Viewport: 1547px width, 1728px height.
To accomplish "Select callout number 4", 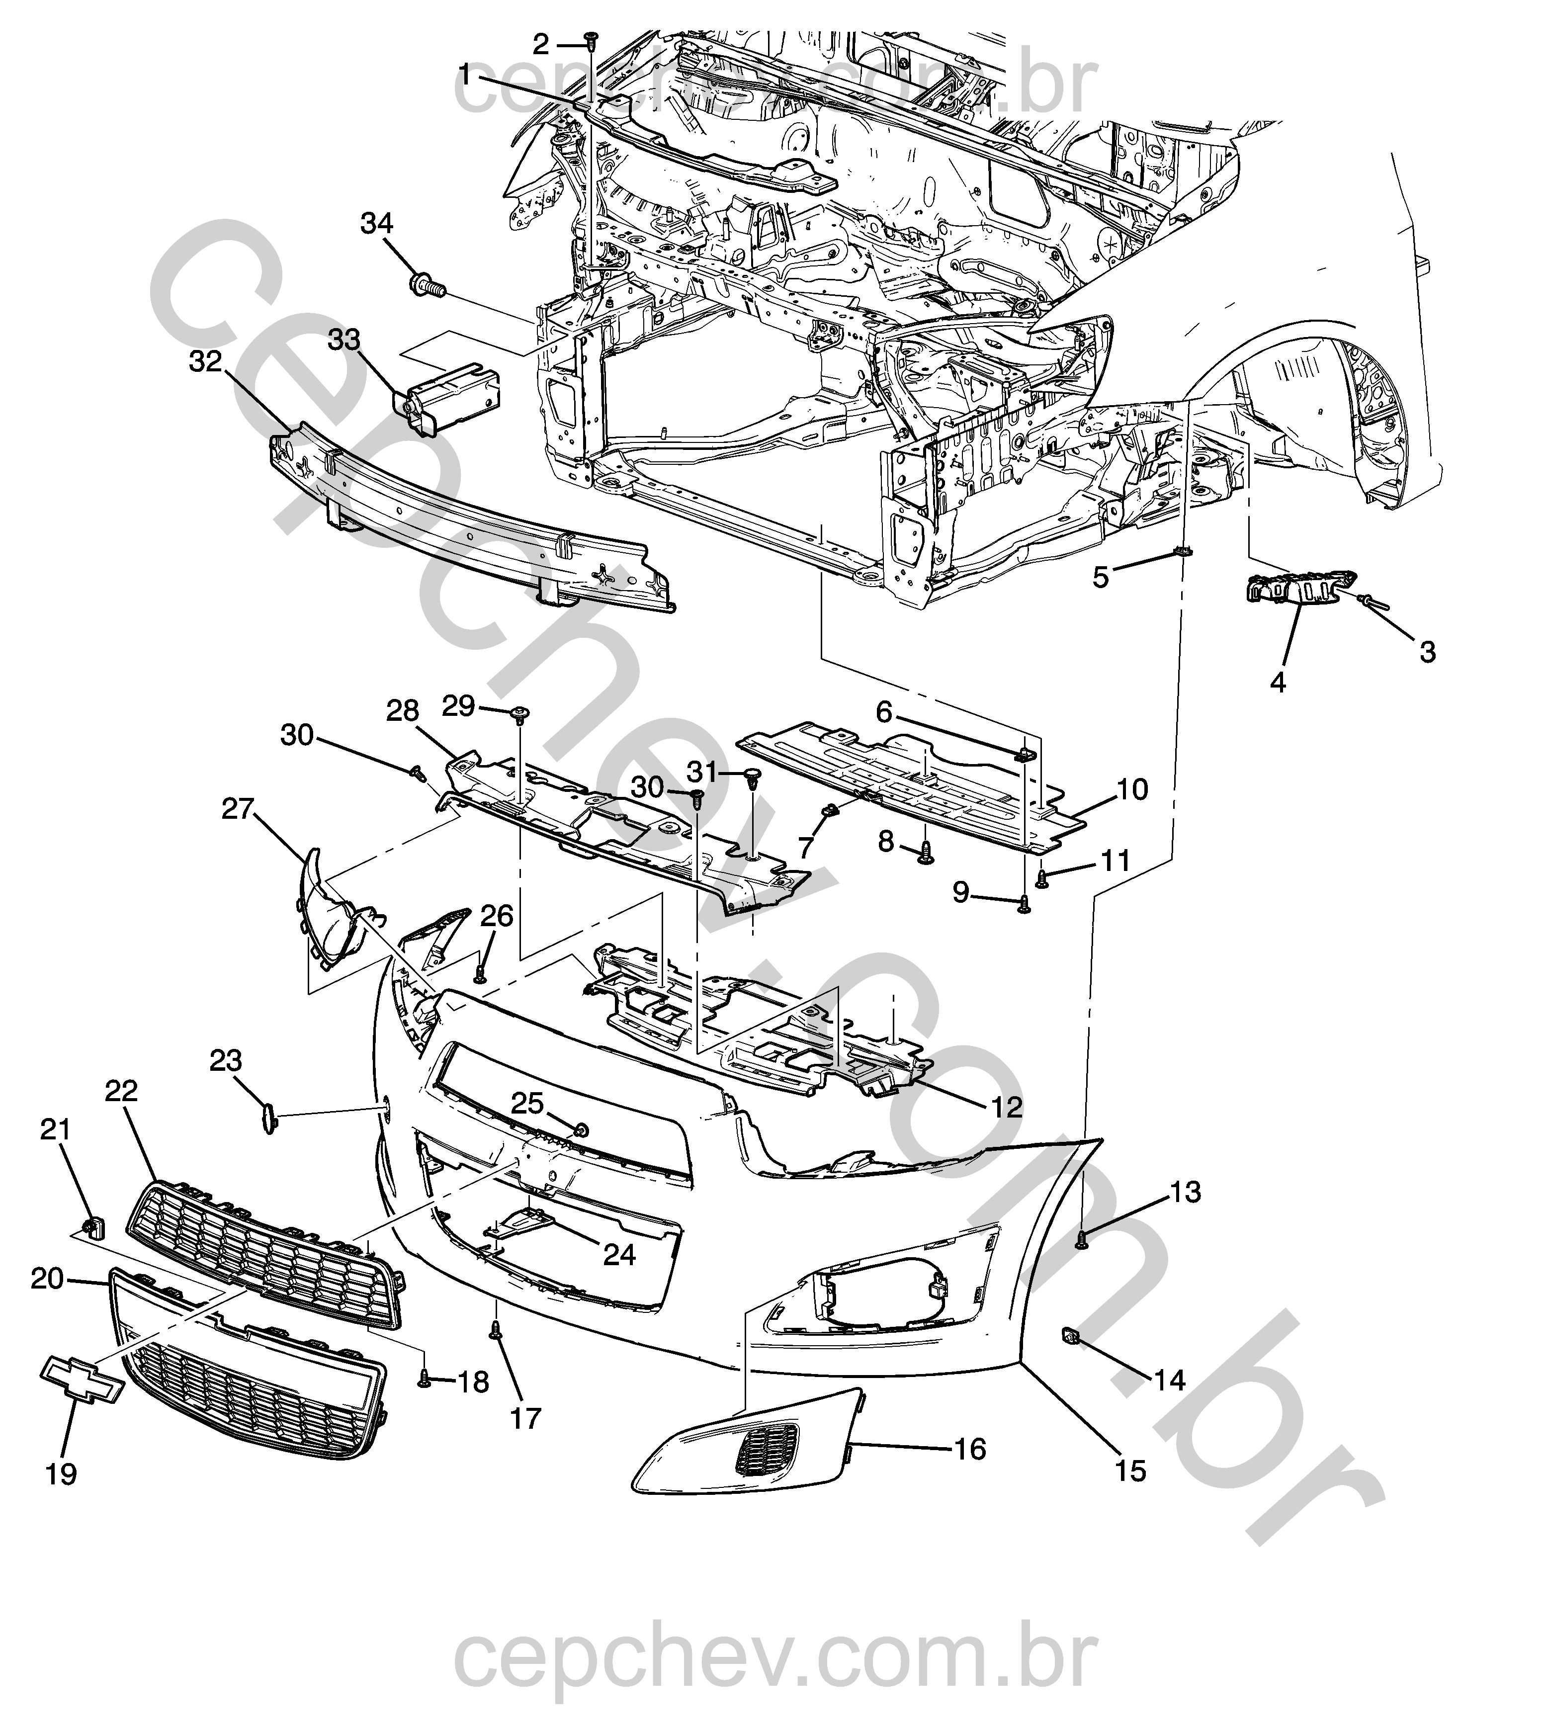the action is click(1278, 681).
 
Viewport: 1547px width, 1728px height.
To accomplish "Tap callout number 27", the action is click(238, 808).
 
